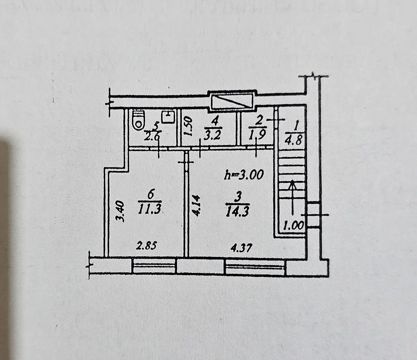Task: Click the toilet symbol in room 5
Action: tap(139, 119)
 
